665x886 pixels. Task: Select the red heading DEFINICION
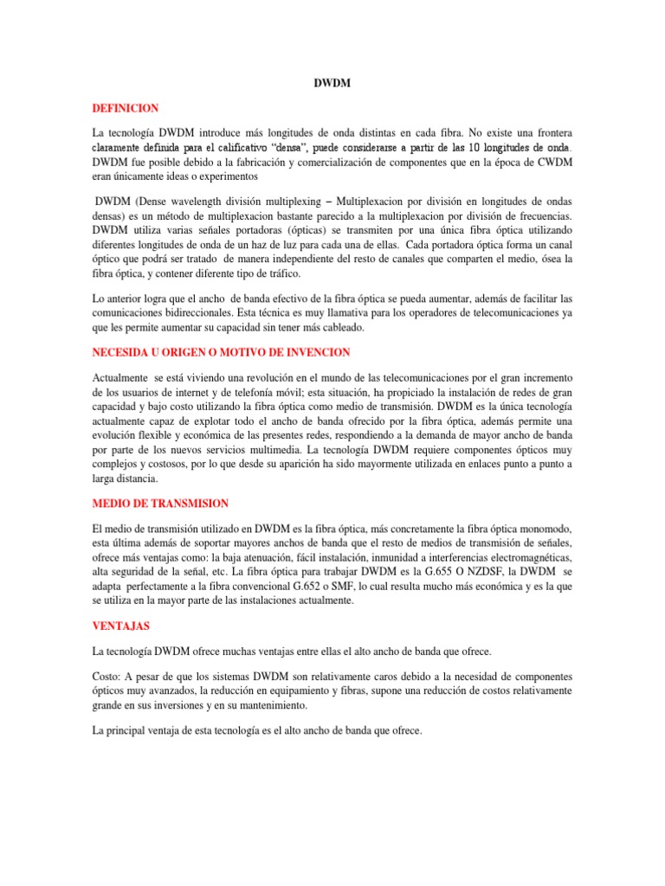click(x=126, y=108)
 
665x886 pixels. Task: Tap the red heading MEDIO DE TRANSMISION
click(x=160, y=504)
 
